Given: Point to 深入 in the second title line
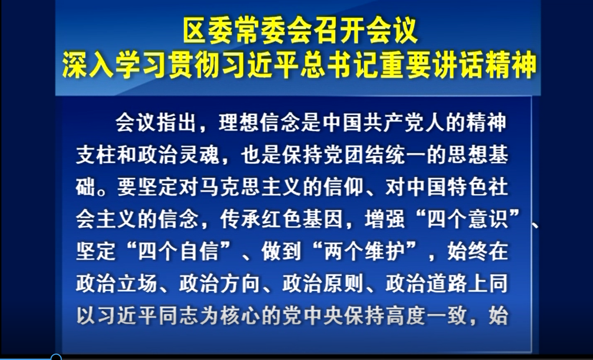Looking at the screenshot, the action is (88, 65).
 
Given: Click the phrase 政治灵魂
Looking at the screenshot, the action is (179, 155).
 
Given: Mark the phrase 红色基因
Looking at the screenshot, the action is (302, 220).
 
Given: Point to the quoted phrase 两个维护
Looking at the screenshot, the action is (364, 251).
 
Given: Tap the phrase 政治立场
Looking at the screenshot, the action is (117, 283).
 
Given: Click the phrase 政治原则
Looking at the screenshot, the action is (323, 283).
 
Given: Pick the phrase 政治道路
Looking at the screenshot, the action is (426, 283).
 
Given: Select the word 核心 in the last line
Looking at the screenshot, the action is (240, 316).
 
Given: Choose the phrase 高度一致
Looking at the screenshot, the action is (426, 316).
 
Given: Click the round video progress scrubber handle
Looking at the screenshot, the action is (56, 358).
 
